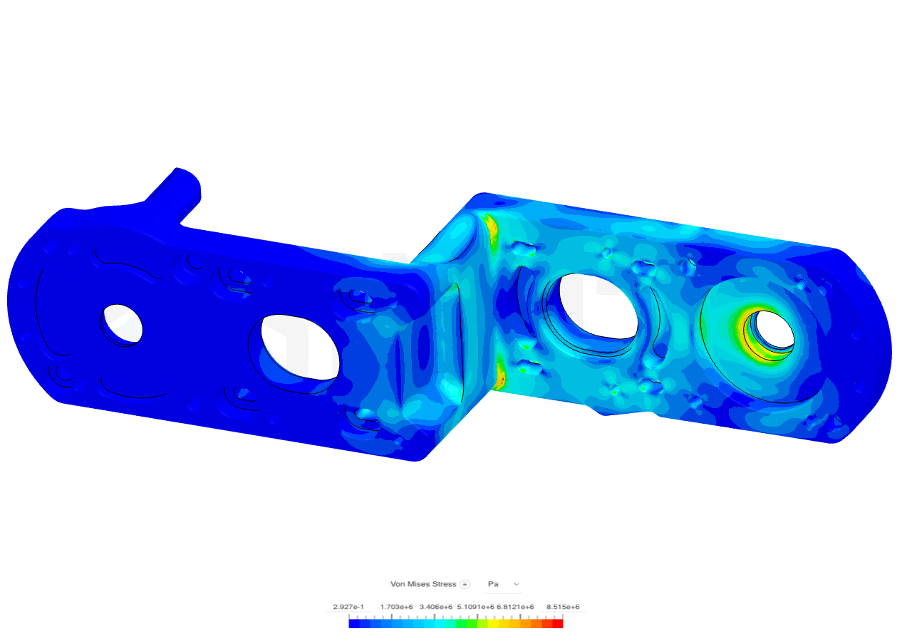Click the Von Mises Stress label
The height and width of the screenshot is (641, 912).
423,584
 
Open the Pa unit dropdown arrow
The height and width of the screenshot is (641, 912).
517,584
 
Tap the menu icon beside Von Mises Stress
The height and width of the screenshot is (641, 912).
465,584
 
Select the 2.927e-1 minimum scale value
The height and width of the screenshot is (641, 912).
348,608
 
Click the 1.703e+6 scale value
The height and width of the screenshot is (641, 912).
396,608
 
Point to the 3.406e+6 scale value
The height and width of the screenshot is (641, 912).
435,608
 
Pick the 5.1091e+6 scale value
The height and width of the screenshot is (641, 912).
475,608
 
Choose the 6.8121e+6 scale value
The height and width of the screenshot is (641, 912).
515,608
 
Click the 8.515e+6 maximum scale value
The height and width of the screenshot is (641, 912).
562,608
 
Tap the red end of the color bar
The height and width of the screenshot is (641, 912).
558,624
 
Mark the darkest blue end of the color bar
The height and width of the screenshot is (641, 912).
354,624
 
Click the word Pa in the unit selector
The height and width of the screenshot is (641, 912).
493,584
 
